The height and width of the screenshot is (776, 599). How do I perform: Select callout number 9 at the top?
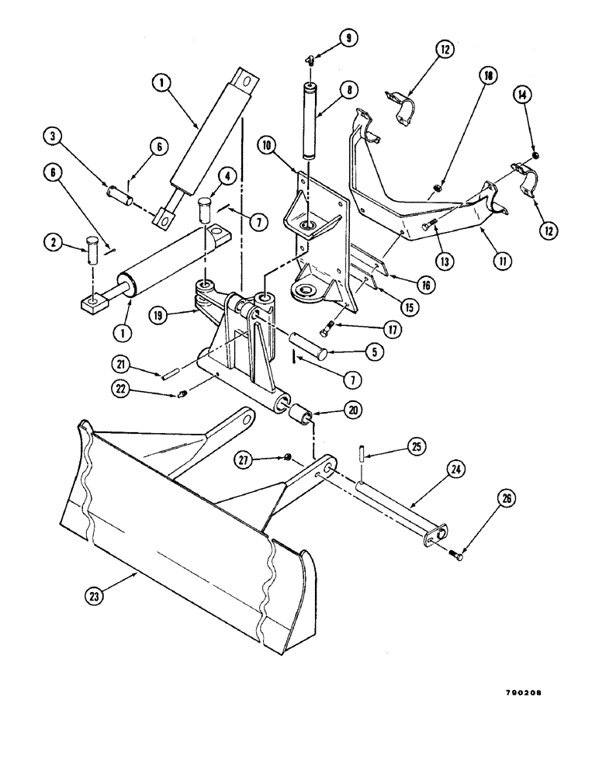348,36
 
